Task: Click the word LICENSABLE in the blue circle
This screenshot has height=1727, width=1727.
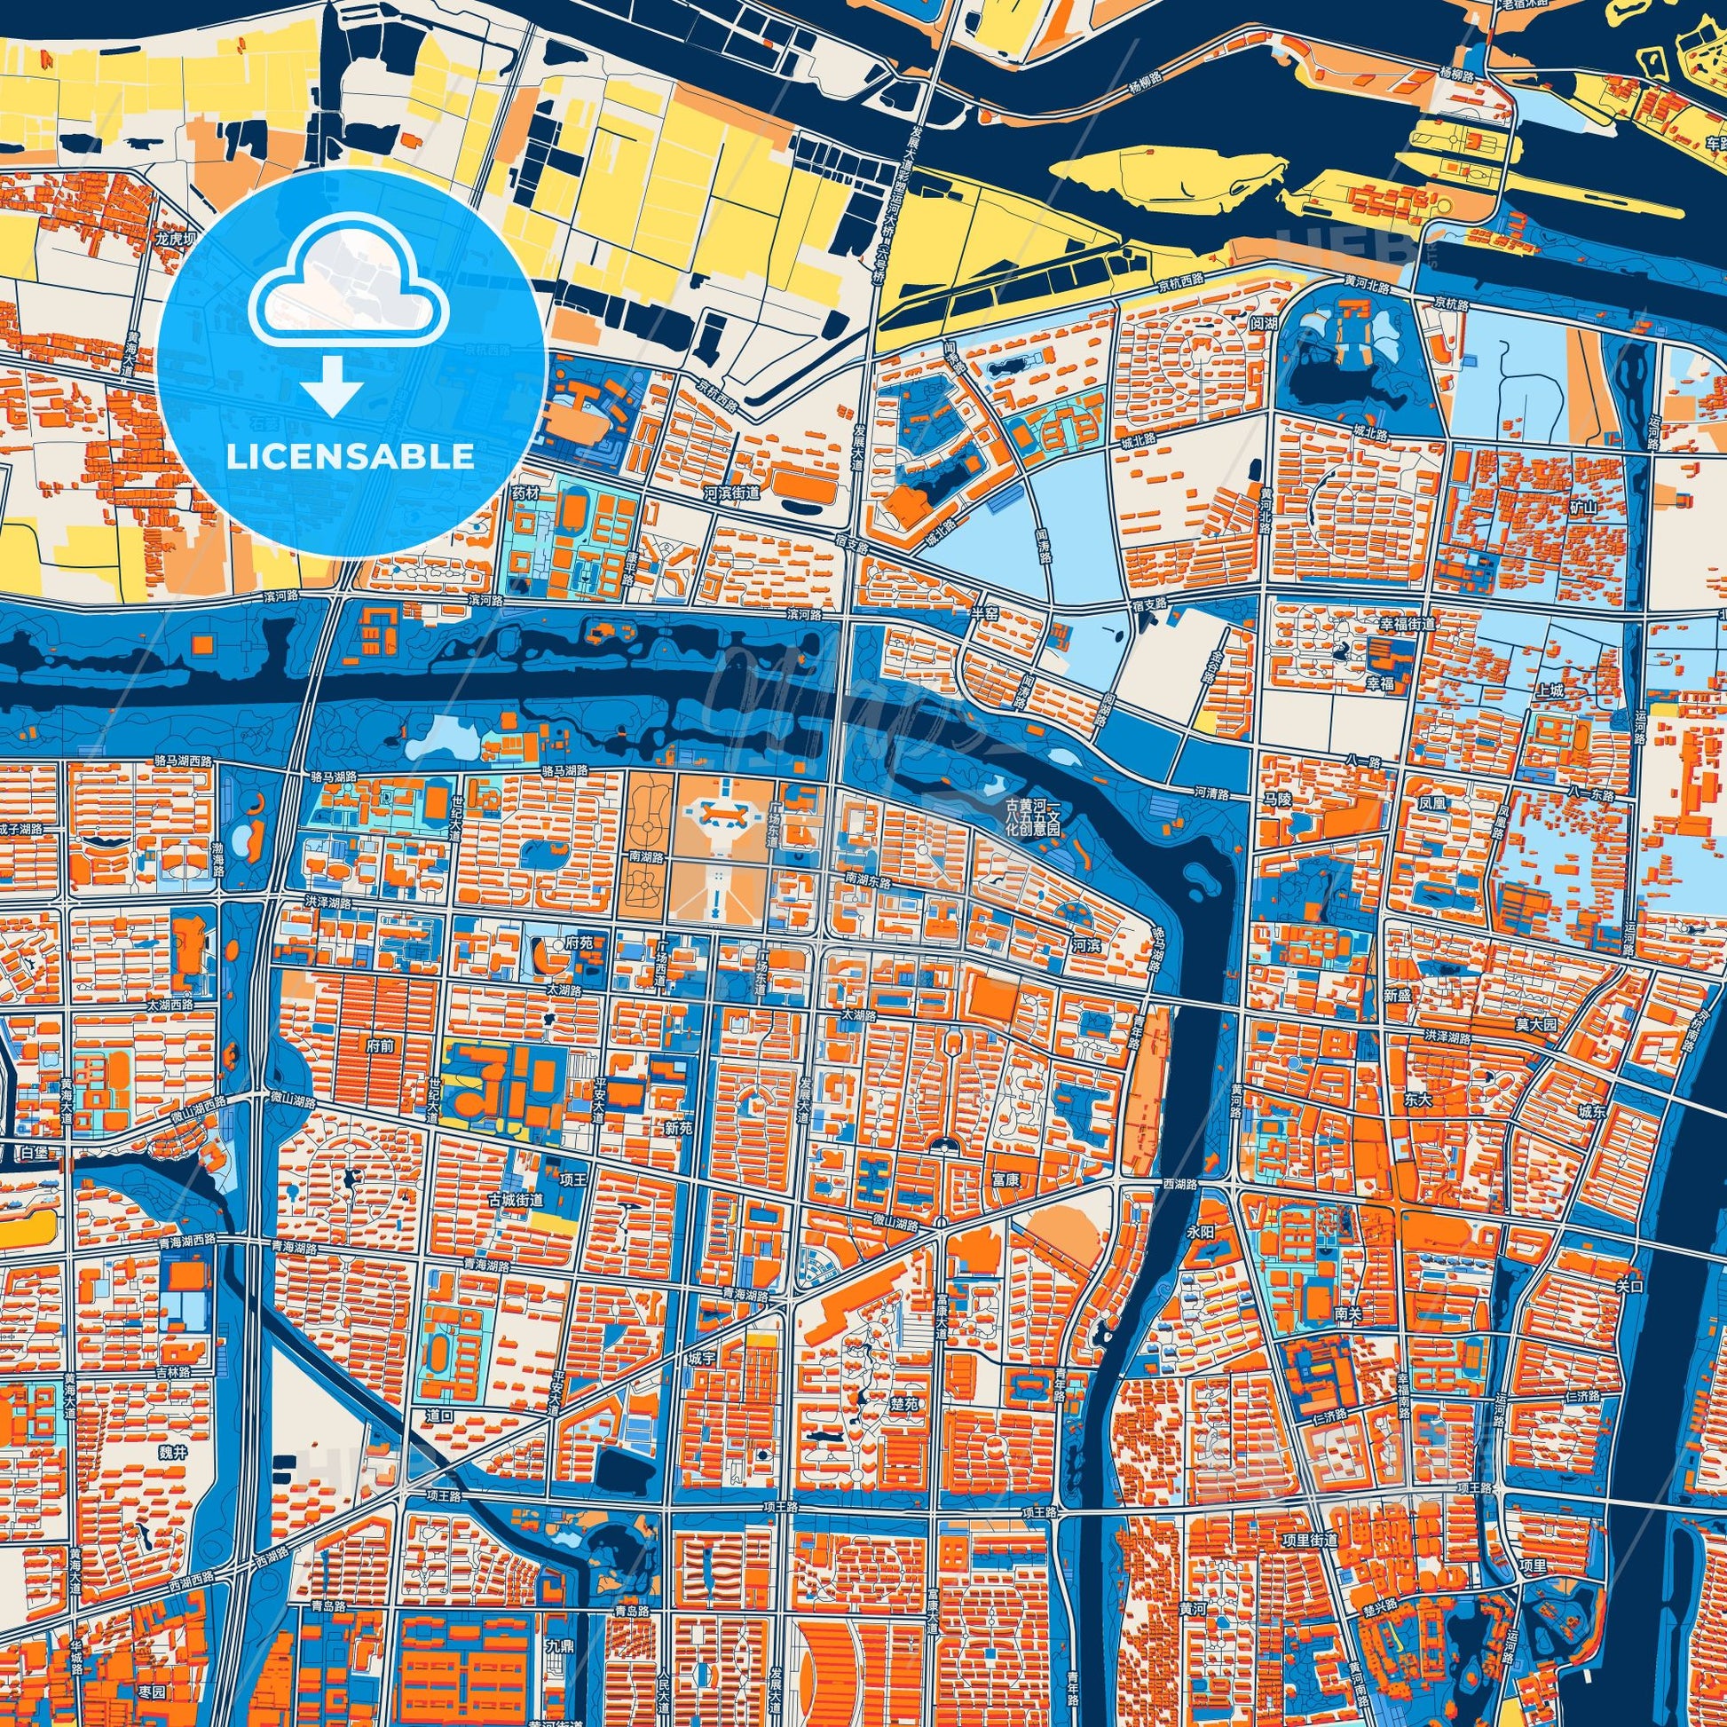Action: coord(351,457)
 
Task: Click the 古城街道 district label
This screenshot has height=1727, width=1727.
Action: coord(515,1200)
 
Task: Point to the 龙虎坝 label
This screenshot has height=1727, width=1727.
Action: coord(173,239)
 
